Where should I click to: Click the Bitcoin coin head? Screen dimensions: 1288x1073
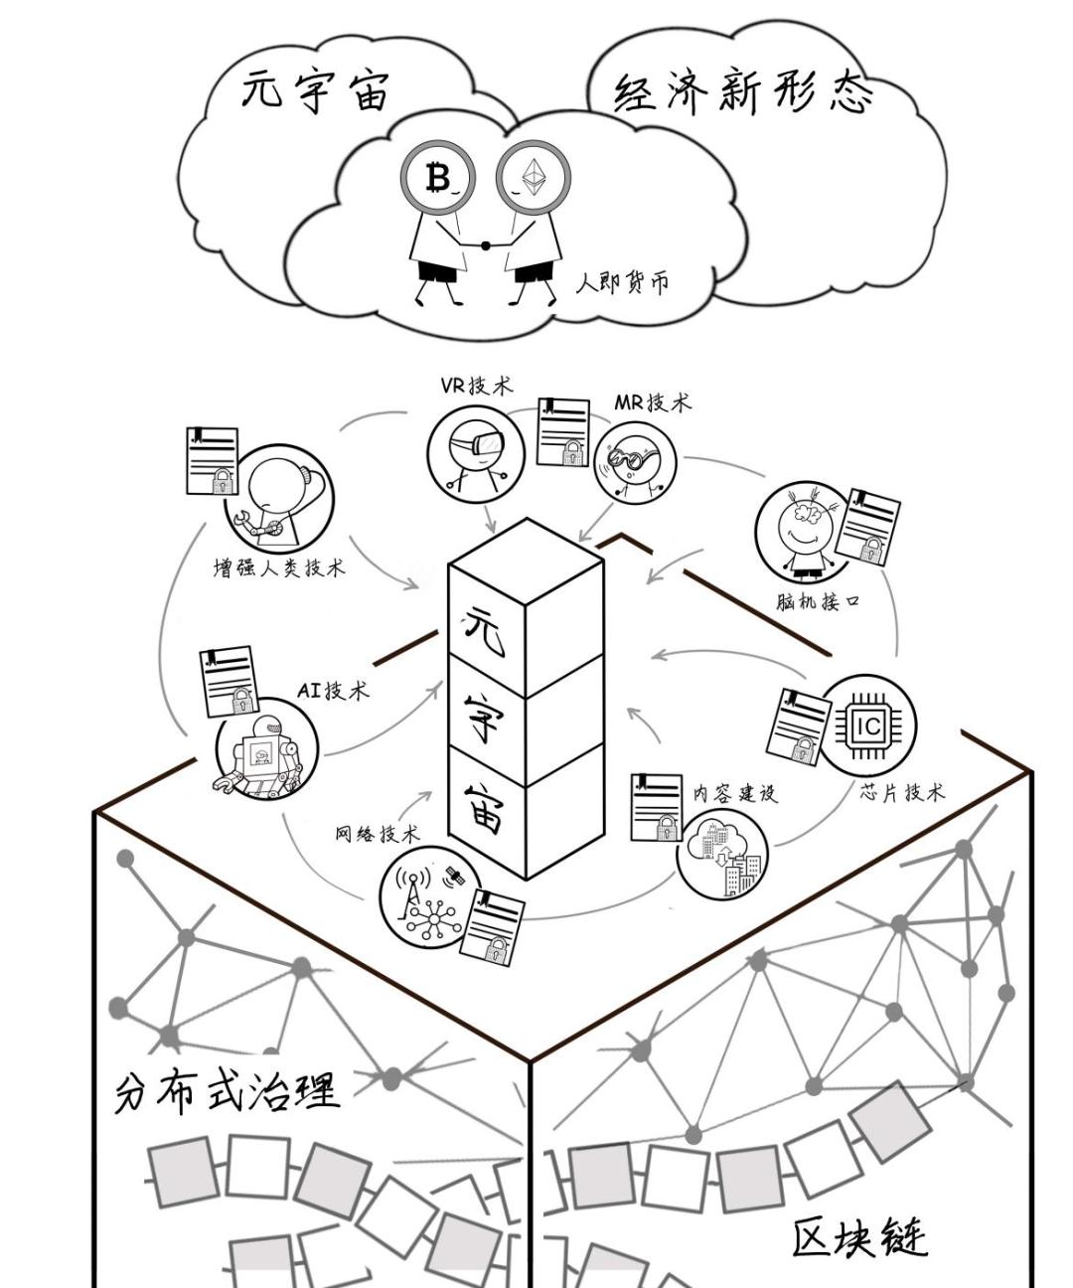[438, 178]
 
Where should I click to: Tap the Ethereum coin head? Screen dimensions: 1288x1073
[534, 178]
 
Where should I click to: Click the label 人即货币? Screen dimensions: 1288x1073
[623, 282]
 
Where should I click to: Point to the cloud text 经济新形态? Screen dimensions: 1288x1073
[743, 94]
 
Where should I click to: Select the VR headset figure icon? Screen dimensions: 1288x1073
[475, 452]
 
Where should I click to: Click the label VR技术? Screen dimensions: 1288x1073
[476, 386]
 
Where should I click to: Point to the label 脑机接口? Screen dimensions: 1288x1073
[817, 601]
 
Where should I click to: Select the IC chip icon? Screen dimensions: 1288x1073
[866, 725]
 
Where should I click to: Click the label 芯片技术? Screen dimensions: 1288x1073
[902, 792]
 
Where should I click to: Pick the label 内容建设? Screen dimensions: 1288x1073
[734, 792]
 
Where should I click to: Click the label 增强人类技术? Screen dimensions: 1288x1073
[279, 567]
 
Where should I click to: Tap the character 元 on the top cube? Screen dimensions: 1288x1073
[485, 627]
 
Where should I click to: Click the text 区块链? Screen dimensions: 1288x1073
[859, 1237]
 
